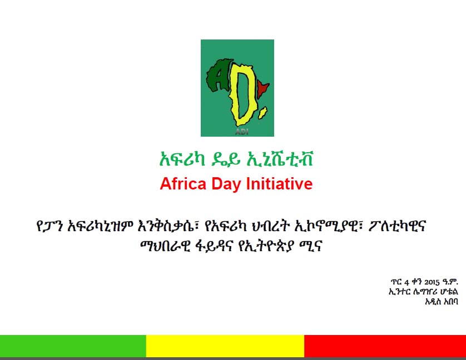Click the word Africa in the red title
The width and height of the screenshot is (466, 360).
[183, 183]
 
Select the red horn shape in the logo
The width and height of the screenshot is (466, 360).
[263, 88]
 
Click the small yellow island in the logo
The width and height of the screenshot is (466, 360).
[262, 113]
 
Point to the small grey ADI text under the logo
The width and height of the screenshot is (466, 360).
[241, 132]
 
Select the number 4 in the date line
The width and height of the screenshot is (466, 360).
[406, 282]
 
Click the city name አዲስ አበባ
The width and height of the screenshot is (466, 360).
[442, 301]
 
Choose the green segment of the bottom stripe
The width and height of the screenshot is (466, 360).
[73, 346]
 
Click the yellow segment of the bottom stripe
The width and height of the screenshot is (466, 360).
[225, 346]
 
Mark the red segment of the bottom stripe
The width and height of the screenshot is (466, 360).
[385, 346]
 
